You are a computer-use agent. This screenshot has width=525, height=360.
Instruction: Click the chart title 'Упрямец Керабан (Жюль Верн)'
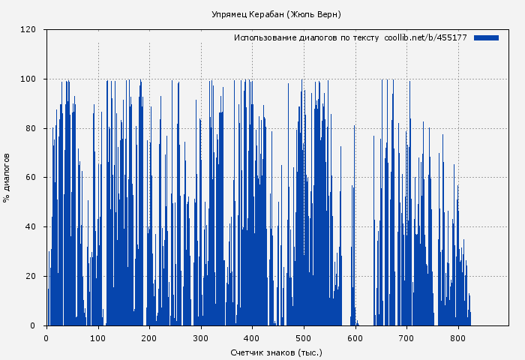276,14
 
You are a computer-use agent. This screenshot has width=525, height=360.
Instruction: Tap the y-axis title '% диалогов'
7,178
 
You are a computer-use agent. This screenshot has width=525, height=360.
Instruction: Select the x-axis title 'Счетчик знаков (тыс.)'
276,352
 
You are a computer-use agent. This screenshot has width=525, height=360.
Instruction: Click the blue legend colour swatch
486,37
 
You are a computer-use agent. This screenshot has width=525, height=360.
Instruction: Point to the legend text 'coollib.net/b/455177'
425,37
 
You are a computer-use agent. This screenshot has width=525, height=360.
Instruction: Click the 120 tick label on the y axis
28,30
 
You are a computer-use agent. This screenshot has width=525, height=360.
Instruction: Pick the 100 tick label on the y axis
28,79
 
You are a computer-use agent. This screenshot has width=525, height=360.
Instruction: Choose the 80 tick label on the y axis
31,128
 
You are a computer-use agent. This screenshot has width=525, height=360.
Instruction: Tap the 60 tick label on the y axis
31,178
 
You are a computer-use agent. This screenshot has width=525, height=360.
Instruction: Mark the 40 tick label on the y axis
31,226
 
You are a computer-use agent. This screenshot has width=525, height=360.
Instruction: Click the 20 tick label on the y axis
31,276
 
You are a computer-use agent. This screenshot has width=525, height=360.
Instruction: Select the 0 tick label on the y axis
33,325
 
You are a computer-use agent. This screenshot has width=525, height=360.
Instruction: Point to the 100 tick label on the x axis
97,337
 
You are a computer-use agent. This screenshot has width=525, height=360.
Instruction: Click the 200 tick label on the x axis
149,337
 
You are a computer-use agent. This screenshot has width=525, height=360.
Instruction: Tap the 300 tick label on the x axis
200,337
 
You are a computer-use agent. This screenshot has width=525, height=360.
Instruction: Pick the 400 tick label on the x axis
252,337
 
